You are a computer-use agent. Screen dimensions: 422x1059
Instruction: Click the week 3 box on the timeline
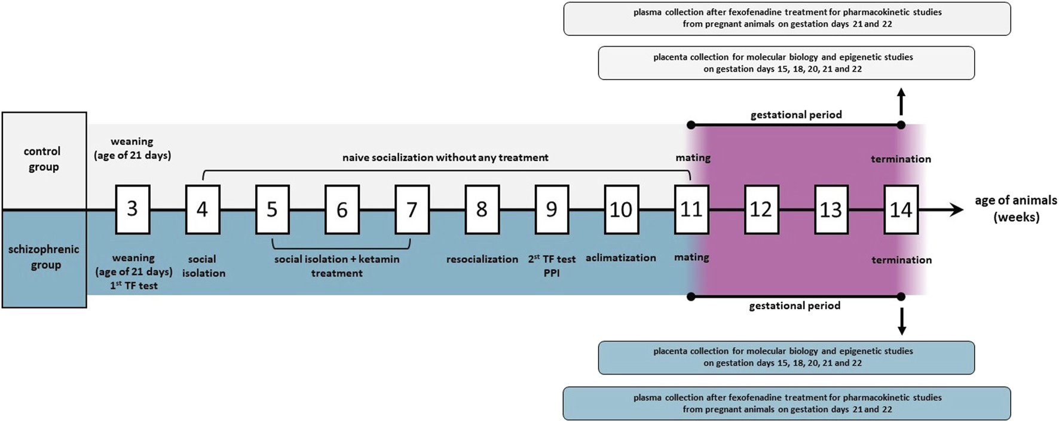[132, 209]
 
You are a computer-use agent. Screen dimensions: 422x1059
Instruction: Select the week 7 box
[412, 209]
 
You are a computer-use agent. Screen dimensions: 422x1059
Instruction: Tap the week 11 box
[691, 209]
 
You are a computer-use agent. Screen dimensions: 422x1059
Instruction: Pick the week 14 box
[901, 209]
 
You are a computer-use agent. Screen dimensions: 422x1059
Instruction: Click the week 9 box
[552, 209]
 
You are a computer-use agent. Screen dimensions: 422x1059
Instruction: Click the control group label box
[44, 160]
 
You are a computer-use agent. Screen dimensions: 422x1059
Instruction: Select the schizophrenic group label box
[44, 258]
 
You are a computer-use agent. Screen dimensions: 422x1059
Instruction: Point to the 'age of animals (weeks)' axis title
[1015, 209]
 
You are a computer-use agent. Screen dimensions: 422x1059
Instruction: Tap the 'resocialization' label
[482, 259]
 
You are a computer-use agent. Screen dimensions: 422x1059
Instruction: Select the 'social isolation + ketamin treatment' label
[336, 266]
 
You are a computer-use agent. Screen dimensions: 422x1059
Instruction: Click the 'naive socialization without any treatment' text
[445, 158]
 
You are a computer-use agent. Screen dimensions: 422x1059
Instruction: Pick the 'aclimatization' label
[620, 258]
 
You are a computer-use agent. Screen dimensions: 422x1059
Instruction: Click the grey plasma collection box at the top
[786, 19]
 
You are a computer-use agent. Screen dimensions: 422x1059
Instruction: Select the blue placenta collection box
[786, 357]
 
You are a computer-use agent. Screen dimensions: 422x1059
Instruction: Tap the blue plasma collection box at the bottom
[786, 403]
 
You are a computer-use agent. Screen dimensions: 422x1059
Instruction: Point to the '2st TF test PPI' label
[552, 266]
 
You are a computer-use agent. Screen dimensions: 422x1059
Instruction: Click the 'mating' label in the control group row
[693, 158]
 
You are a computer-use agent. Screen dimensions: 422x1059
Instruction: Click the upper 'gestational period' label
[795, 115]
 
